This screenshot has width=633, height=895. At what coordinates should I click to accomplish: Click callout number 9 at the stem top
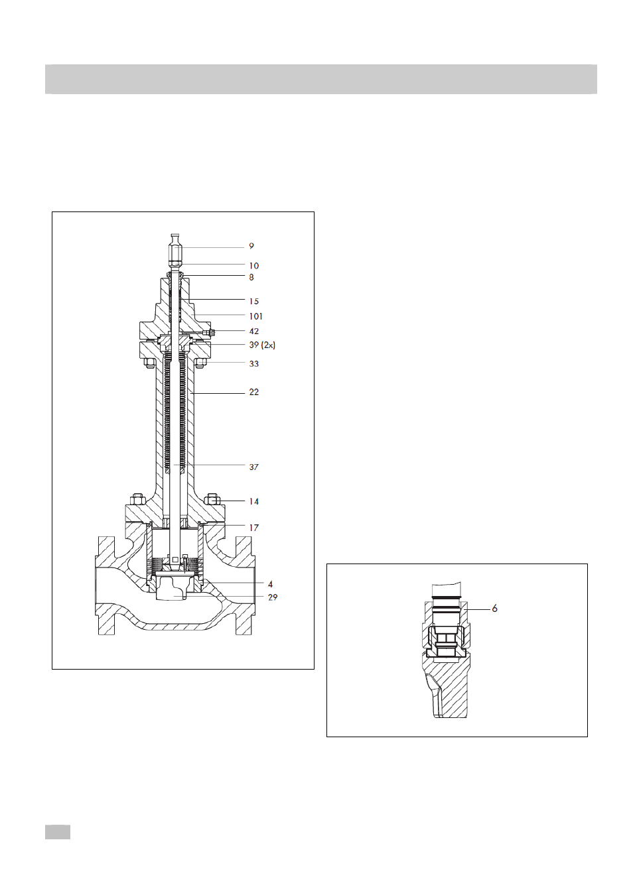point(251,246)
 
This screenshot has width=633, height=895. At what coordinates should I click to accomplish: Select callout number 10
point(254,266)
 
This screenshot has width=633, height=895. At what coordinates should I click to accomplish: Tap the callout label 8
point(251,277)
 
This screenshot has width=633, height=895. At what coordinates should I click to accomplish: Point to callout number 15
point(254,301)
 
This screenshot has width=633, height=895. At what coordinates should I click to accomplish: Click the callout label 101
point(256,316)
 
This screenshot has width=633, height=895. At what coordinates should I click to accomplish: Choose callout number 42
point(254,331)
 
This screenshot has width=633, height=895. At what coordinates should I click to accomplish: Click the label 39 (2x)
point(262,345)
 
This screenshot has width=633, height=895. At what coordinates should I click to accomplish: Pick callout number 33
point(254,363)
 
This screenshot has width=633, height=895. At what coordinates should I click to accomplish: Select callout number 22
point(254,392)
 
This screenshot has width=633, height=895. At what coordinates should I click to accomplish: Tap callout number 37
point(254,467)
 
